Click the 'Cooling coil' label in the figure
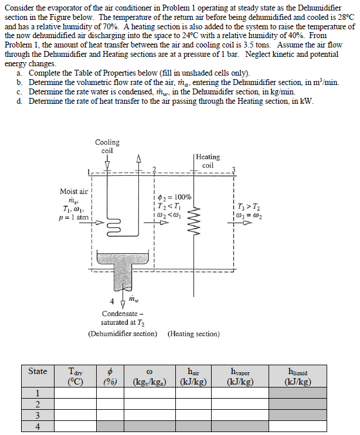coord(107,146)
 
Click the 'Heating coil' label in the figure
coord(208,161)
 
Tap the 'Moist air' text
coord(74,191)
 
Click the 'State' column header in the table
coord(38,371)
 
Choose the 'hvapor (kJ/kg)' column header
coord(239,376)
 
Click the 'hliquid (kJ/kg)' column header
coord(297,376)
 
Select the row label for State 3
coord(38,415)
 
